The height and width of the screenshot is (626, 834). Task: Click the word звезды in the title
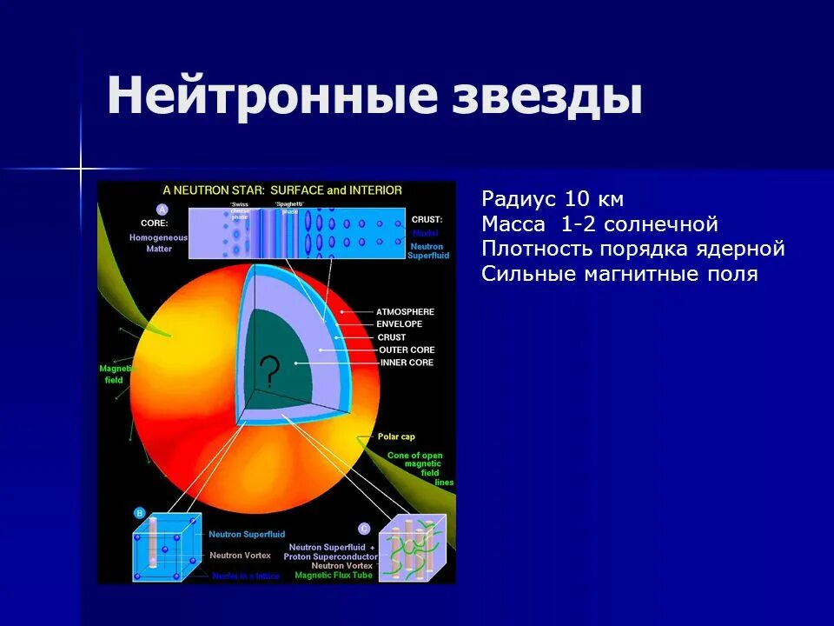[x=548, y=96]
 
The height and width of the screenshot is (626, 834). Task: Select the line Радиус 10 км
[x=553, y=199]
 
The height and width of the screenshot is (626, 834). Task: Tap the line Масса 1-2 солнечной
[x=599, y=224]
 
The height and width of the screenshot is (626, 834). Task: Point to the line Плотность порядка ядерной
[x=633, y=250]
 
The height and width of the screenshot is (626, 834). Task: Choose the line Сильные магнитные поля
[x=619, y=275]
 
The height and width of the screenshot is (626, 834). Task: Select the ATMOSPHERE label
[x=405, y=311]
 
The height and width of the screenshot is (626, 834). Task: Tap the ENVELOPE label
[x=400, y=324]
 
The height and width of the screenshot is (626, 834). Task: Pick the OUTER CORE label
[x=407, y=350]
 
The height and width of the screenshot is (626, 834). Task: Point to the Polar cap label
[x=395, y=436]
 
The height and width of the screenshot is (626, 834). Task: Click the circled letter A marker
[x=162, y=210]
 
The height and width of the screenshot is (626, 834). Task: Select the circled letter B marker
[x=139, y=513]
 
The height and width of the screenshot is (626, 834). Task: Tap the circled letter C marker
[x=363, y=529]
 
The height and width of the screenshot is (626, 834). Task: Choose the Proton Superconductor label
[x=331, y=556]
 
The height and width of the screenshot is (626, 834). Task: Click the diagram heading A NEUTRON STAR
[x=282, y=190]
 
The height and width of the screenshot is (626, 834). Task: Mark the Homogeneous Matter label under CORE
[x=151, y=243]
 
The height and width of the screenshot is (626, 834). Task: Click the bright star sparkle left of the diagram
[x=80, y=168]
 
